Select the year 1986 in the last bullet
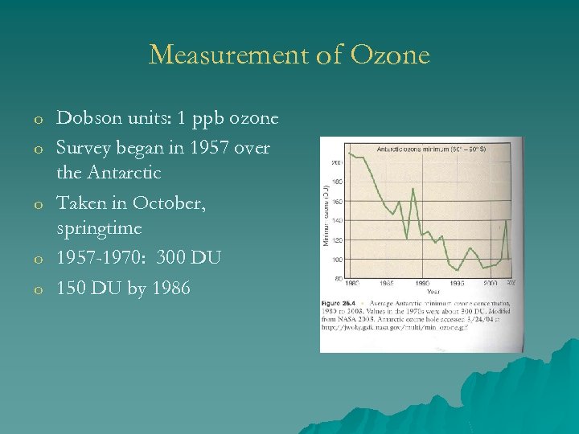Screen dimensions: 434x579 [169, 288]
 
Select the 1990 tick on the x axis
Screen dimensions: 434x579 [422, 284]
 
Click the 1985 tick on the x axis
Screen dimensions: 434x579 [387, 284]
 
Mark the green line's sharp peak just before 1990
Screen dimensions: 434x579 [413, 190]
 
